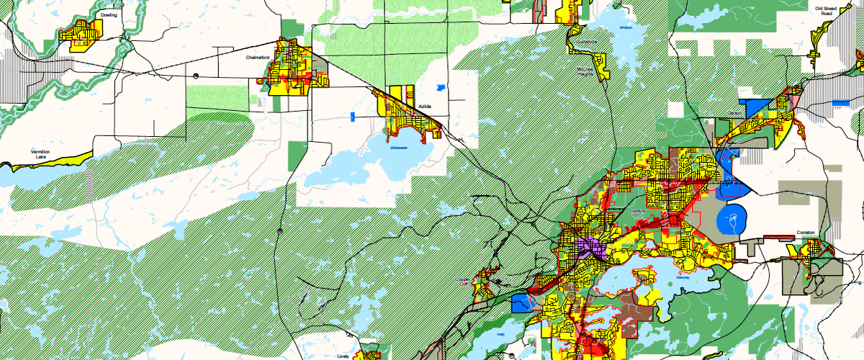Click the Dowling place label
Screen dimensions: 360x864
(109, 14)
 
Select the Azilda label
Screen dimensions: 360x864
(426, 107)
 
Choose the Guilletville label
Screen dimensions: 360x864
(586, 42)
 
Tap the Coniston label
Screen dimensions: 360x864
(805, 233)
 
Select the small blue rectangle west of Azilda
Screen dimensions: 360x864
(353, 116)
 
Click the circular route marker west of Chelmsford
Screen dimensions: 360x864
(195, 73)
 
